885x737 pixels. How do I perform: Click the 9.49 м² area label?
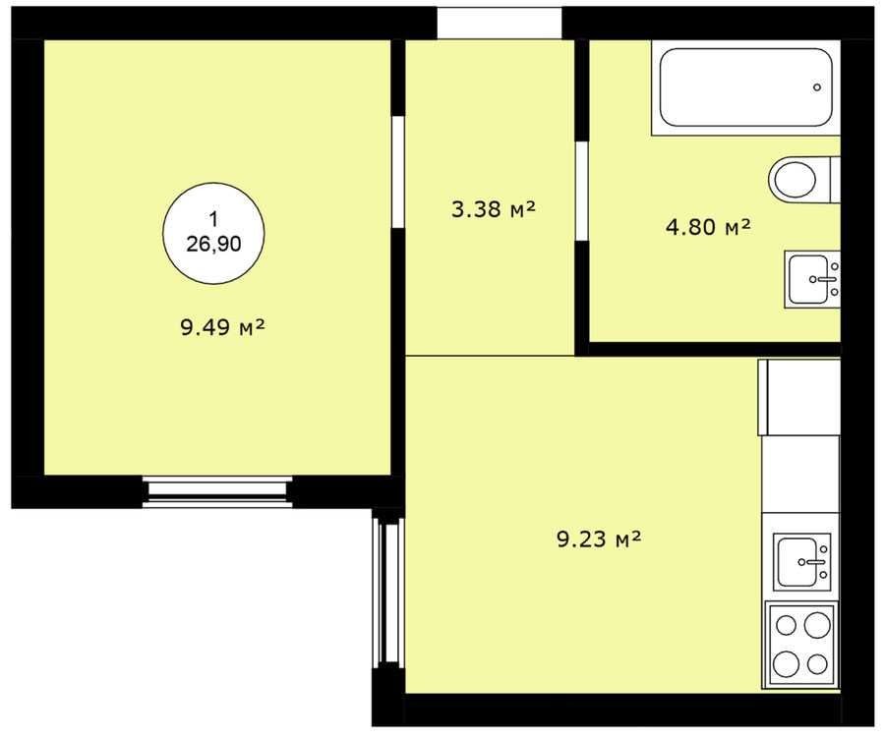223,327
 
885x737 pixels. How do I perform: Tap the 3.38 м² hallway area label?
493,209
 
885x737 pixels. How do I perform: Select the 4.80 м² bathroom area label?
708,227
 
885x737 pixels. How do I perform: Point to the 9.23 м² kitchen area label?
599,539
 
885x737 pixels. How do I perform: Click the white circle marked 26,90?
214,233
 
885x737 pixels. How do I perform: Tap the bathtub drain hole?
817,87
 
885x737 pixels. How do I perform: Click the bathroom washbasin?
812,280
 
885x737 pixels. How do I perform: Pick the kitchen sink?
801,562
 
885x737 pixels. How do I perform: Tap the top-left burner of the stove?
787,625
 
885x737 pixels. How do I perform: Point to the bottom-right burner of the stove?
817,663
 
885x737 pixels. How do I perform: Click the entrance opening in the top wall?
500,23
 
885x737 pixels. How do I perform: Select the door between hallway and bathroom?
582,192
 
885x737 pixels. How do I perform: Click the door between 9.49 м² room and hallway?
398,172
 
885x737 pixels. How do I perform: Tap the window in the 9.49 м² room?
217,492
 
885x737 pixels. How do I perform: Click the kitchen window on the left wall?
388,594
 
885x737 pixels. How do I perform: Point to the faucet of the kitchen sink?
812,562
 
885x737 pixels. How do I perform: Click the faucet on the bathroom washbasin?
823,279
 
